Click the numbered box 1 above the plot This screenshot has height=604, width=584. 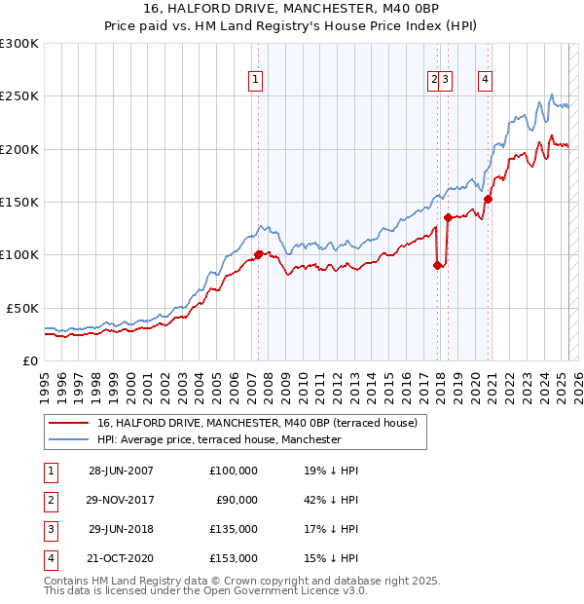pyautogui.click(x=255, y=81)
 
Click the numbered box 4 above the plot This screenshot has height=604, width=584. pyautogui.click(x=484, y=81)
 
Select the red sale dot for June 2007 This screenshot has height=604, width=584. pyautogui.click(x=259, y=255)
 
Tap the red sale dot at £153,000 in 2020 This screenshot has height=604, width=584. pyautogui.click(x=489, y=199)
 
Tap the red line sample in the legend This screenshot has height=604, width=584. pyautogui.click(x=68, y=423)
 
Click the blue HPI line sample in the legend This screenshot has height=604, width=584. pyautogui.click(x=68, y=439)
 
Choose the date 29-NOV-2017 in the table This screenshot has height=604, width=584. pyautogui.click(x=122, y=500)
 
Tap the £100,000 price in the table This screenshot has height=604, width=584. pyautogui.click(x=234, y=471)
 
